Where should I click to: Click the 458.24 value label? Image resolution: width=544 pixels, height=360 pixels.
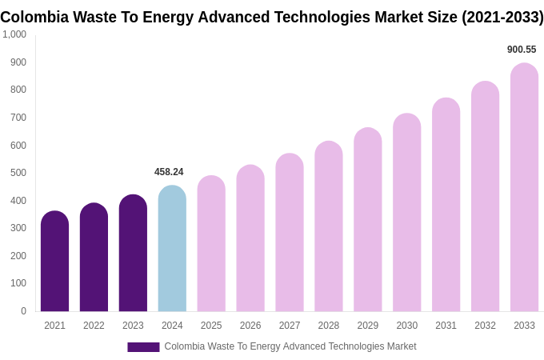tap(169, 172)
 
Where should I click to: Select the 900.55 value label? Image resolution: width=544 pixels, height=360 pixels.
tap(522, 50)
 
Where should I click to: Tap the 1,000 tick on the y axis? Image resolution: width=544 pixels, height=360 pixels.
tap(14, 34)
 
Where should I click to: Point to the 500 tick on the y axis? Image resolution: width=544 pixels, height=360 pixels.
tap(18, 173)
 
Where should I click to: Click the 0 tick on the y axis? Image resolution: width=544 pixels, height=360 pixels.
tap(23, 311)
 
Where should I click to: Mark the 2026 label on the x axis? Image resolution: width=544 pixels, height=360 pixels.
tap(250, 326)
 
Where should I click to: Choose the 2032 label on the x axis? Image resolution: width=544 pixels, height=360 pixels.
tap(485, 326)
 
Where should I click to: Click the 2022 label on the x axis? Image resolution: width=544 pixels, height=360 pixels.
tap(94, 326)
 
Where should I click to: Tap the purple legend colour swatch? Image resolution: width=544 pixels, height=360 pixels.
tap(143, 347)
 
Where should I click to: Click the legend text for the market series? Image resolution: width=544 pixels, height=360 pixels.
tap(290, 346)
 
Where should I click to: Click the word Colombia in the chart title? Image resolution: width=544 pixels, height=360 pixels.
tap(34, 17)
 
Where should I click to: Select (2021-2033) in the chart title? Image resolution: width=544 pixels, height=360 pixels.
tap(502, 17)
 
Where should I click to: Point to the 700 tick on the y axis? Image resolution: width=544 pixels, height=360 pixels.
tap(18, 118)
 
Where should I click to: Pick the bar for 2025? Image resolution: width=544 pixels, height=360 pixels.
tap(211, 244)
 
